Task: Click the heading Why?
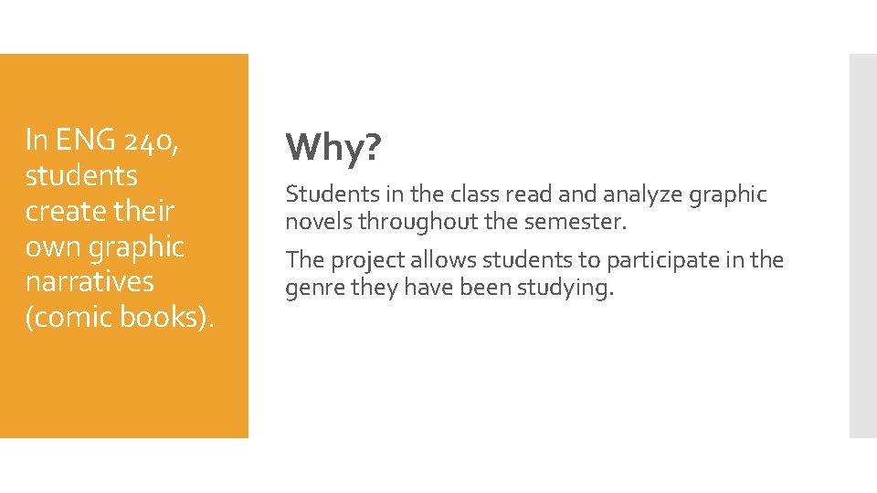(333, 147)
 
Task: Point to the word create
(62, 211)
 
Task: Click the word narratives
(90, 281)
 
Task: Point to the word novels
(320, 222)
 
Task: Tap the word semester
(574, 222)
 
